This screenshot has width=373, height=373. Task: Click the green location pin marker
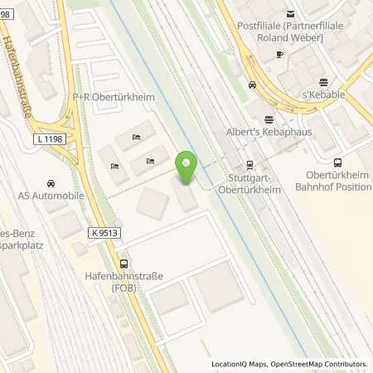pyautogui.click(x=186, y=169)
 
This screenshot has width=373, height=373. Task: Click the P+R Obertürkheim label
pyautogui.click(x=108, y=97)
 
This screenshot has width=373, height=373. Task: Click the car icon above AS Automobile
pyautogui.click(x=51, y=183)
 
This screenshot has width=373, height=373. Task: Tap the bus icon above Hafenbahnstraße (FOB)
pyautogui.click(x=124, y=261)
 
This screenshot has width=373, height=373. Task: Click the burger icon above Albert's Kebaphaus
pyautogui.click(x=267, y=119)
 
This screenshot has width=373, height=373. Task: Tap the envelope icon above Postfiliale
pyautogui.click(x=291, y=12)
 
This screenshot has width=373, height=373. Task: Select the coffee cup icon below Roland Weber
pyautogui.click(x=279, y=53)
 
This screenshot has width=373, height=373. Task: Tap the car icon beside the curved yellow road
pyautogui.click(x=252, y=85)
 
